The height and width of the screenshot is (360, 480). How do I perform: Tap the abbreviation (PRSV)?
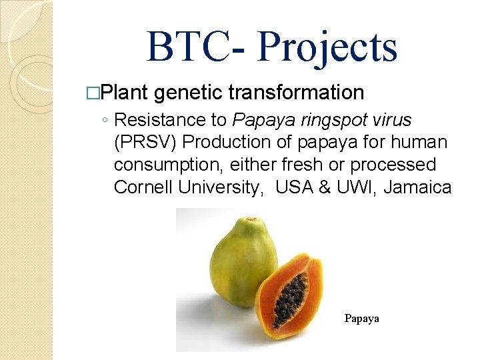[x=143, y=142]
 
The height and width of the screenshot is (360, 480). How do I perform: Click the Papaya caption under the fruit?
[x=361, y=319]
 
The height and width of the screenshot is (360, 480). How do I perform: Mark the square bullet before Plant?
[x=101, y=92]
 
